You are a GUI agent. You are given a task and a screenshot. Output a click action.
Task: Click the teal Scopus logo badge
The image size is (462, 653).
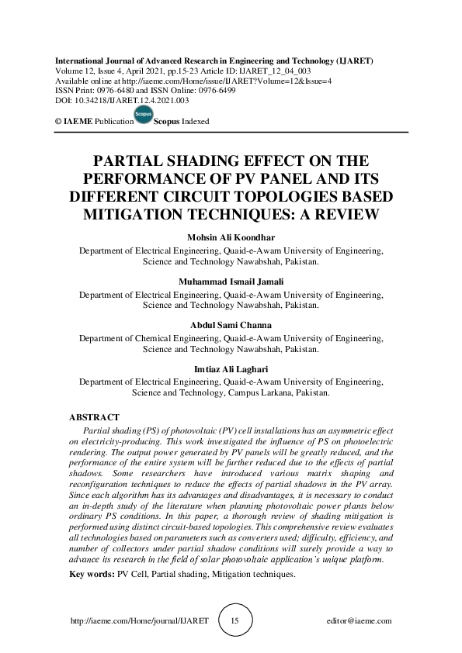(143, 116)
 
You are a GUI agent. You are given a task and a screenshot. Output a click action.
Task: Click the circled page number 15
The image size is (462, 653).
(234, 621)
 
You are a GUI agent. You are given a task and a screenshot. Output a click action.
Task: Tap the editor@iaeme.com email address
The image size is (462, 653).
(360, 621)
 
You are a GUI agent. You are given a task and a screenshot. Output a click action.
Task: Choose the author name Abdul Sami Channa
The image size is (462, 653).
(231, 325)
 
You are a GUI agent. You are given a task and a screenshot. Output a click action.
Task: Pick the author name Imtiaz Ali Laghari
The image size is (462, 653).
(231, 370)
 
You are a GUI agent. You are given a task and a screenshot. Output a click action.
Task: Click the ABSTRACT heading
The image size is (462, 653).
(94, 417)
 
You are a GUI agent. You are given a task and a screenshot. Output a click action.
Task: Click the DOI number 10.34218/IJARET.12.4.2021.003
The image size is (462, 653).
(127, 100)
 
